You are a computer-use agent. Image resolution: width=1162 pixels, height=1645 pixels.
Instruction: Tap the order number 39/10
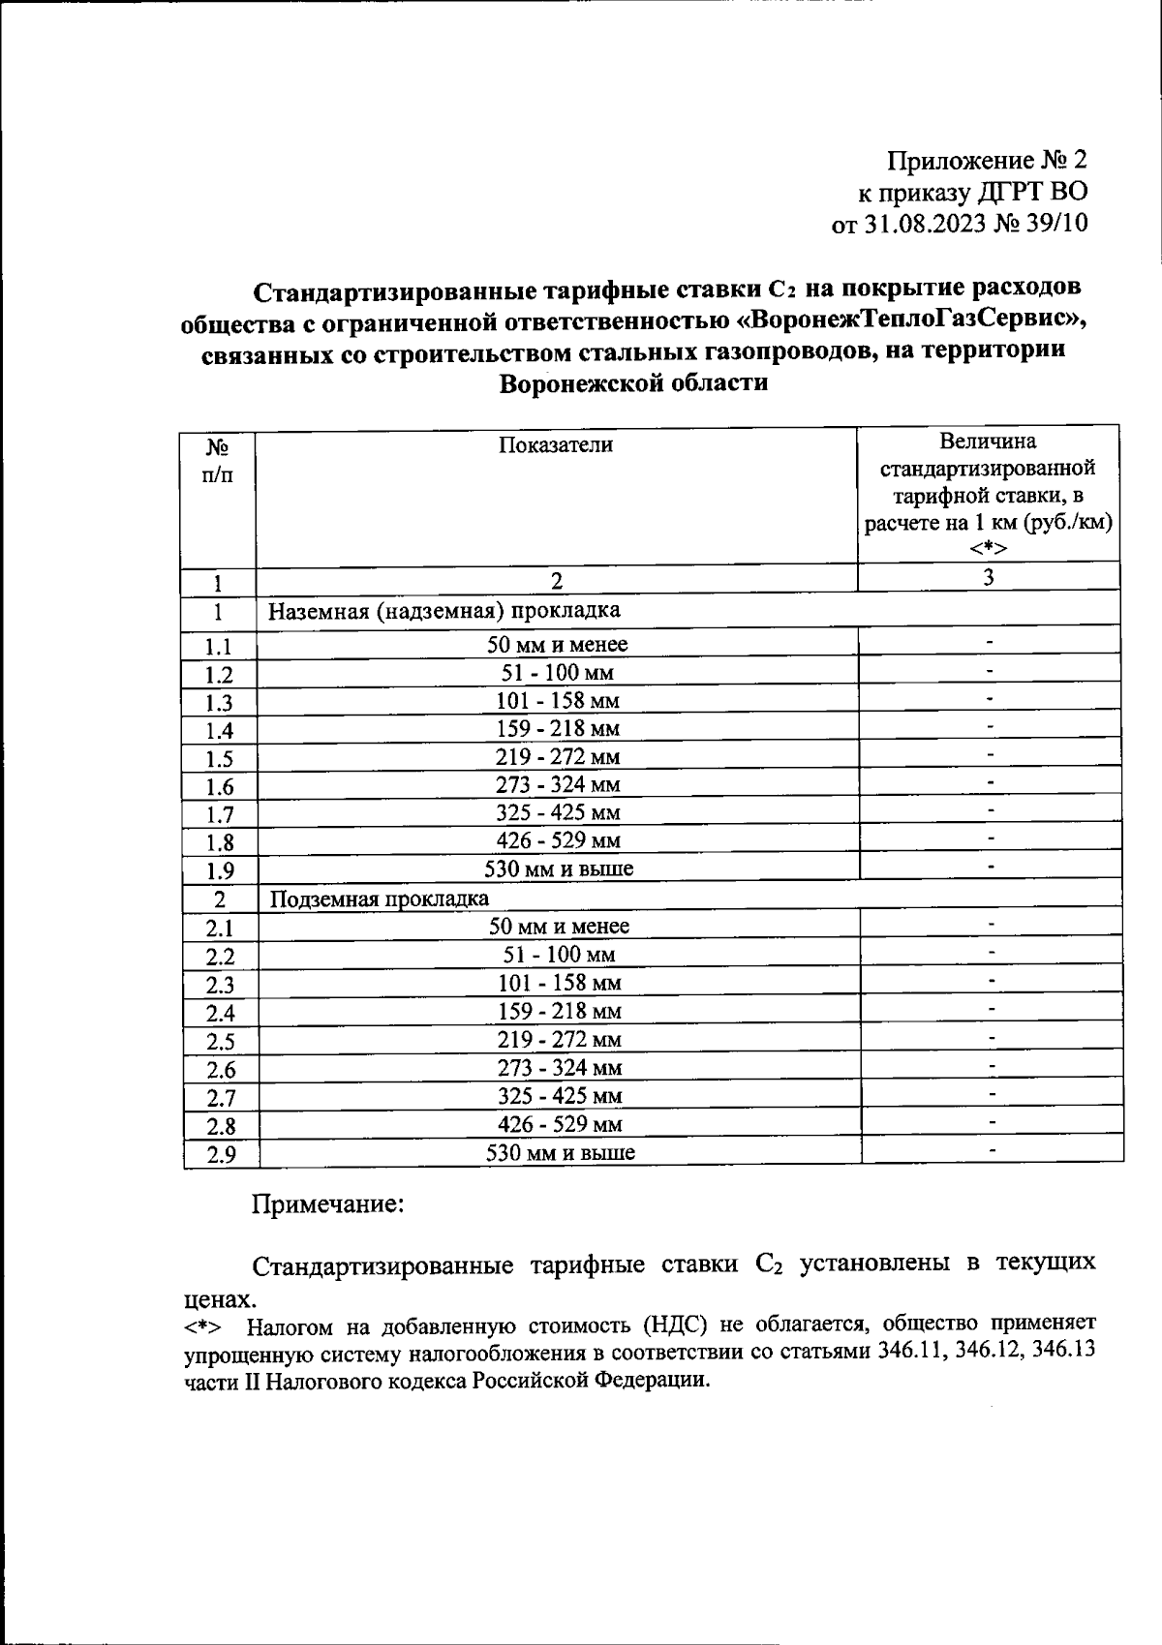click(x=1056, y=225)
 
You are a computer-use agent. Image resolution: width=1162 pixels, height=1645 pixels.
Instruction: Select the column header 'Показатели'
click(x=556, y=445)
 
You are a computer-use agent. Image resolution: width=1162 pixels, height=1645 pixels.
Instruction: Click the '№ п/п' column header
click(x=218, y=461)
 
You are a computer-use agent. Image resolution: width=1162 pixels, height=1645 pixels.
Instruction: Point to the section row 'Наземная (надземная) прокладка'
click(x=443, y=611)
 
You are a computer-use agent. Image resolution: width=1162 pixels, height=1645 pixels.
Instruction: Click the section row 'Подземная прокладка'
click(x=379, y=899)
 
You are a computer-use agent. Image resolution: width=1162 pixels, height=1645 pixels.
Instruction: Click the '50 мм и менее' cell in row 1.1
click(x=557, y=645)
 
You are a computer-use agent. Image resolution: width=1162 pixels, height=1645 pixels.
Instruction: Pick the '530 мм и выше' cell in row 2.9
click(x=560, y=1153)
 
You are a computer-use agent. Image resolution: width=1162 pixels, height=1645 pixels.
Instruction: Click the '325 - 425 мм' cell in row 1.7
click(x=558, y=813)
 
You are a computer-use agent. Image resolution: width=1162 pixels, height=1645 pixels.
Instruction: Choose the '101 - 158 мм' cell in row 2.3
click(x=559, y=984)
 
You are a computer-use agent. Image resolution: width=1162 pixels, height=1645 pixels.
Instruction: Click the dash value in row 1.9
click(x=990, y=866)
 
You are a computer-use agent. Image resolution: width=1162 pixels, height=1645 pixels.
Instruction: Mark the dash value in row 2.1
click(x=992, y=925)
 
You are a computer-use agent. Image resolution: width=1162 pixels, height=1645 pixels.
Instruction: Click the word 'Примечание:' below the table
click(x=327, y=1205)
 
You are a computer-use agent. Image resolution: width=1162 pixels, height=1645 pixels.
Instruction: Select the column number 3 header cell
click(x=989, y=578)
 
